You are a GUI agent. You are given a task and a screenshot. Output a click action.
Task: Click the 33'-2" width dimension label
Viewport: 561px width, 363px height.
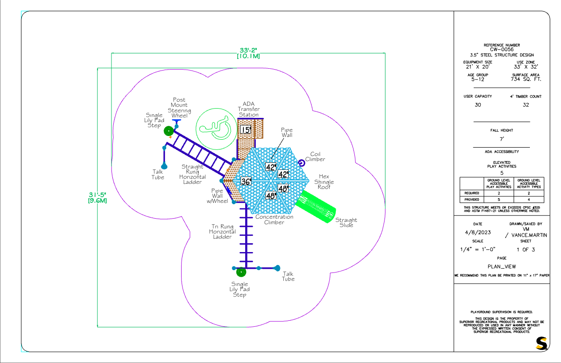(x=248, y=50)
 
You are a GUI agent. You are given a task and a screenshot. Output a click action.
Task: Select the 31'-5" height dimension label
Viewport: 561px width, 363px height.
(x=98, y=194)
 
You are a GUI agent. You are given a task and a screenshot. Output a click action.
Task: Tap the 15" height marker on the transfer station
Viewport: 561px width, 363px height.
(x=246, y=130)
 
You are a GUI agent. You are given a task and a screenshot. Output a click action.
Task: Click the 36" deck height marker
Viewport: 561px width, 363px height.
(x=246, y=181)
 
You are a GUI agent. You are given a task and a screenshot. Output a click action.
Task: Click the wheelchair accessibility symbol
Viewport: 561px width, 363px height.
(x=216, y=129)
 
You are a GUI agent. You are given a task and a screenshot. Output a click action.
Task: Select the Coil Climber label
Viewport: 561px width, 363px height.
(x=315, y=157)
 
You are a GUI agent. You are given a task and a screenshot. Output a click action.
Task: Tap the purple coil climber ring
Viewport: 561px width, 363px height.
(x=301, y=163)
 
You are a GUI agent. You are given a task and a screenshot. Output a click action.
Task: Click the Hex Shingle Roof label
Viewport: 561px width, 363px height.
(x=324, y=182)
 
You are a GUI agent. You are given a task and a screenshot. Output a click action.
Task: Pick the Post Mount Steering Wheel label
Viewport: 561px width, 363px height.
(x=179, y=108)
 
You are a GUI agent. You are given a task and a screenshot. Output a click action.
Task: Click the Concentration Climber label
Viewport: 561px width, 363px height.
(x=274, y=220)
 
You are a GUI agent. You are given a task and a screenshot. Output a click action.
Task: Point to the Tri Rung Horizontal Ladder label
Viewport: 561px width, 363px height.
(x=222, y=232)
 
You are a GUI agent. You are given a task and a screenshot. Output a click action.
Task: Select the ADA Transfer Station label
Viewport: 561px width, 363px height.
(x=248, y=109)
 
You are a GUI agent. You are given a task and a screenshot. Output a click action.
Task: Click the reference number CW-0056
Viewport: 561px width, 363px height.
(x=502, y=50)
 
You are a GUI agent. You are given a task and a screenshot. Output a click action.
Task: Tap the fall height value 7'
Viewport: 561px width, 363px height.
(x=502, y=139)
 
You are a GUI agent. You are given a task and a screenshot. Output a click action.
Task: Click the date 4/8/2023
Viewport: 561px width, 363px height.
(x=477, y=232)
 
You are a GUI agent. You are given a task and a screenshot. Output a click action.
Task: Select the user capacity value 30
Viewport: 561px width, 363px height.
(x=477, y=105)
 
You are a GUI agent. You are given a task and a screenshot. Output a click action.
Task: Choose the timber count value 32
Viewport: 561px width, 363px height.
(x=526, y=105)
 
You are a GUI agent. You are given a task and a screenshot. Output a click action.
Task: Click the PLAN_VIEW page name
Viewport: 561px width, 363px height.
(x=502, y=266)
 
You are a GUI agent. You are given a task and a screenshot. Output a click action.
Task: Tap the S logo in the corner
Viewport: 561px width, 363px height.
(x=541, y=343)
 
